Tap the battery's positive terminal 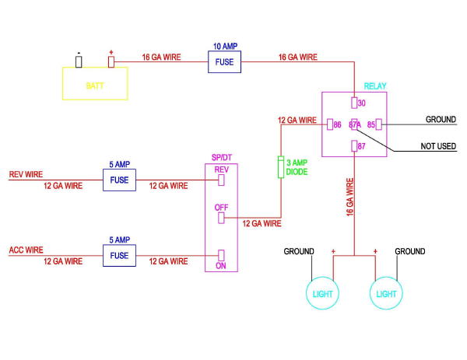click(111, 62)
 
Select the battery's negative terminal click(79, 62)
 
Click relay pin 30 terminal click(354, 103)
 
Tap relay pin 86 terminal click(330, 124)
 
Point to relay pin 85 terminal click(378, 124)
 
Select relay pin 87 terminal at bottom click(354, 146)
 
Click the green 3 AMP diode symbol click(281, 167)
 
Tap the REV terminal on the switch click(221, 180)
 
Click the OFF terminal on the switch click(221, 218)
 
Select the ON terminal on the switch click(221, 255)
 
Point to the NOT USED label click(438, 146)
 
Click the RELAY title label click(375, 86)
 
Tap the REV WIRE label click(26, 174)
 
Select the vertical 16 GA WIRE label click(350, 197)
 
